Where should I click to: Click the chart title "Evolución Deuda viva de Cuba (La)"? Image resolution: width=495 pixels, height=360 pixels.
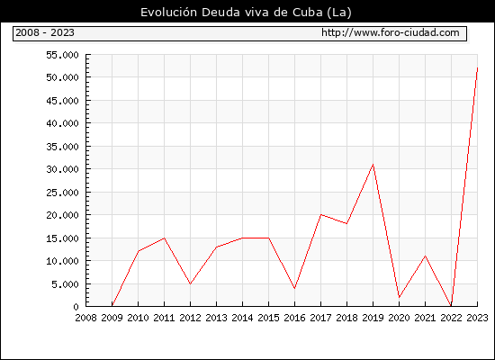pyautogui.click(x=246, y=13)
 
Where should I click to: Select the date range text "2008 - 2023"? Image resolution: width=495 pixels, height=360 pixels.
pyautogui.click(x=45, y=32)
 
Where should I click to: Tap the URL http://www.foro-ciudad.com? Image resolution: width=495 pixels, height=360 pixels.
pyautogui.click(x=391, y=32)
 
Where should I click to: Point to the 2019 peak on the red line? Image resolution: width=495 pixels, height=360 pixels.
pyautogui.click(x=373, y=165)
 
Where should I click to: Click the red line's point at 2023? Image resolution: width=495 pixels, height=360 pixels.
pyautogui.click(x=477, y=67)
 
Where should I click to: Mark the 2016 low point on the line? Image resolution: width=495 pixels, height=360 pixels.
pyautogui.click(x=294, y=288)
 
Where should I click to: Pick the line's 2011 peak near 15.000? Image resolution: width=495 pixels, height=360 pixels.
pyautogui.click(x=164, y=238)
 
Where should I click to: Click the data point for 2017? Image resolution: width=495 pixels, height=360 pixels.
pyautogui.click(x=320, y=215)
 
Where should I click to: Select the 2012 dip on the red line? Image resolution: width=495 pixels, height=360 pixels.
pyautogui.click(x=190, y=283)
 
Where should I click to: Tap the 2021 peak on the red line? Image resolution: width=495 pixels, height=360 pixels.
pyautogui.click(x=425, y=256)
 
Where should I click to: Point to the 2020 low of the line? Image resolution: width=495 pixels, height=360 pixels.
pyautogui.click(x=399, y=297)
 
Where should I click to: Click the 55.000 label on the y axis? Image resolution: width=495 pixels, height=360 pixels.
pyautogui.click(x=62, y=55)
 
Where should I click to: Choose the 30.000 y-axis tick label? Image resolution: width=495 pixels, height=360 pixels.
pyautogui.click(x=62, y=169)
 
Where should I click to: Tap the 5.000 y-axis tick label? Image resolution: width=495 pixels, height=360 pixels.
pyautogui.click(x=65, y=284)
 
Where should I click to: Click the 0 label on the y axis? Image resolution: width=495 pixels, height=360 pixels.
pyautogui.click(x=76, y=307)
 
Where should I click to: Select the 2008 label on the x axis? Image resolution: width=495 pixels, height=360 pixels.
pyautogui.click(x=85, y=318)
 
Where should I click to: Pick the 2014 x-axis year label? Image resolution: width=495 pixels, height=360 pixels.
pyautogui.click(x=242, y=318)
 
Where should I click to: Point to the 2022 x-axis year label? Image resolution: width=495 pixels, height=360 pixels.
pyautogui.click(x=451, y=318)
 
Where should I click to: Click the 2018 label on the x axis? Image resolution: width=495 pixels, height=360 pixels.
pyautogui.click(x=346, y=318)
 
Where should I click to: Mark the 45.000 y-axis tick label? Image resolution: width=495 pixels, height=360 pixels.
pyautogui.click(x=62, y=101)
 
